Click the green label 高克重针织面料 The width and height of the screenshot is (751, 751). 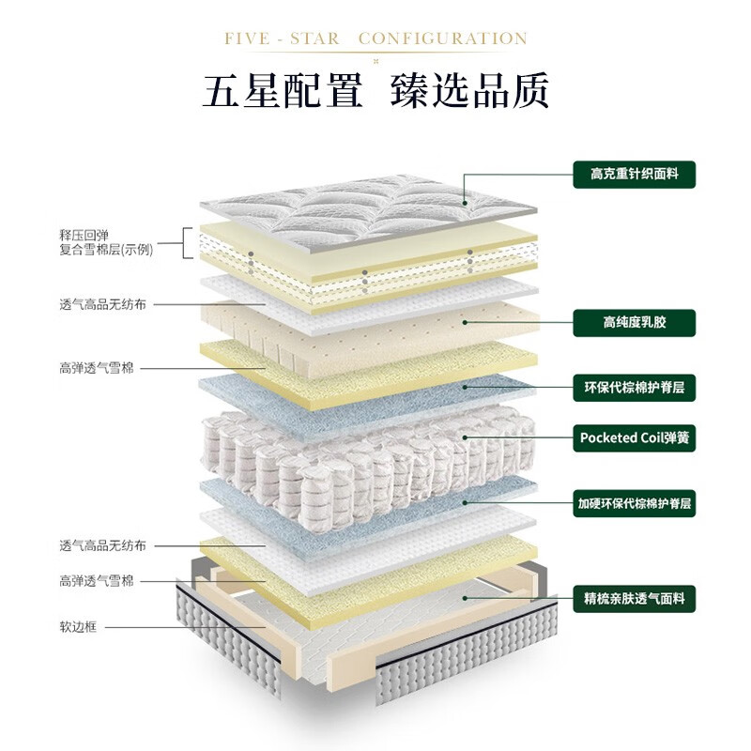(x=635, y=174)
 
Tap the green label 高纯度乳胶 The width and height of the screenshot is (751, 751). (x=635, y=324)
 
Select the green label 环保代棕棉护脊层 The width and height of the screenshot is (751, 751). (x=635, y=386)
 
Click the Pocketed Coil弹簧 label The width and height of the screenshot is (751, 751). (x=635, y=437)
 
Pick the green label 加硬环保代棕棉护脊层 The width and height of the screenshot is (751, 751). (x=635, y=503)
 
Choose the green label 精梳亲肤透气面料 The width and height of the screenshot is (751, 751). (x=635, y=596)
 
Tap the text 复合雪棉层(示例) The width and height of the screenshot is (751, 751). (x=105, y=250)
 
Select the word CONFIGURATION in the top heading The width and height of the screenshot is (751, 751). (x=443, y=39)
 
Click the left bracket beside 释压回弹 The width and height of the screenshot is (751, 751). (x=188, y=242)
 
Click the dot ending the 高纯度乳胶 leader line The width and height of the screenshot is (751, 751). (x=466, y=322)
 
